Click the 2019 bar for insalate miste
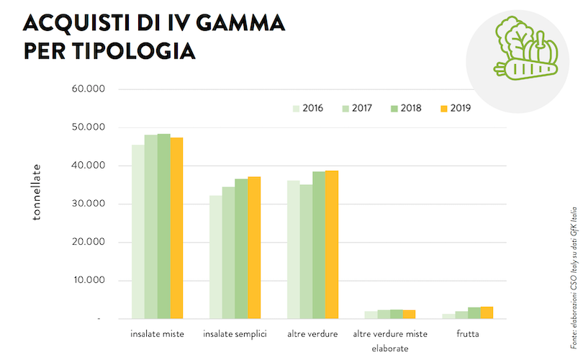click(x=176, y=228)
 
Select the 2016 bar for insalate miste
click(x=137, y=231)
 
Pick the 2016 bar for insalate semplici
click(x=215, y=256)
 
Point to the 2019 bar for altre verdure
click(x=332, y=244)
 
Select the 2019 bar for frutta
click(x=487, y=312)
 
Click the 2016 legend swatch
click(x=295, y=109)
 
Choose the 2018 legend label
click(x=411, y=109)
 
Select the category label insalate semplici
click(x=235, y=334)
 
